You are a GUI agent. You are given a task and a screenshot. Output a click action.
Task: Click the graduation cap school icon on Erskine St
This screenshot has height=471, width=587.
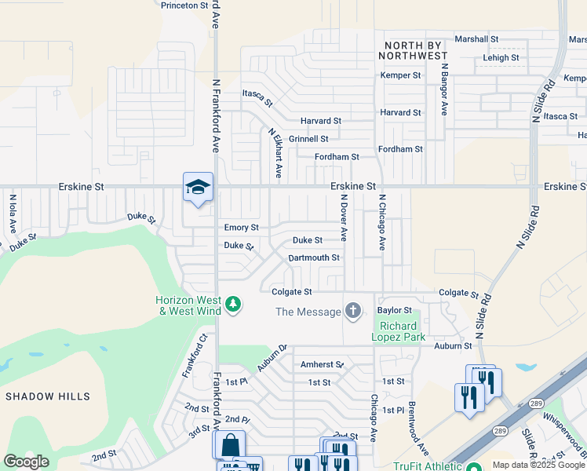pos(198,187)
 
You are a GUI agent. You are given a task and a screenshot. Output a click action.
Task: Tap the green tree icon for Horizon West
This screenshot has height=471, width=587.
pos(232,304)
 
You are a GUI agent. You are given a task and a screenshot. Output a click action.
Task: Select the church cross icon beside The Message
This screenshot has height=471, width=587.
pos(353,312)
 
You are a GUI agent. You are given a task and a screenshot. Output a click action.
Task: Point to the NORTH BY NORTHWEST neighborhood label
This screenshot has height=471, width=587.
pos(413,50)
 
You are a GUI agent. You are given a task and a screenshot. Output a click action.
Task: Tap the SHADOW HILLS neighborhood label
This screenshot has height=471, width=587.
pos(48,396)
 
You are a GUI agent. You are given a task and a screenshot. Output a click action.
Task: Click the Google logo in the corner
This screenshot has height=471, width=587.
pos(27,462)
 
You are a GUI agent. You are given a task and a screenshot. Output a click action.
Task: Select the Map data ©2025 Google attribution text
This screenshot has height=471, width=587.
pos(538,465)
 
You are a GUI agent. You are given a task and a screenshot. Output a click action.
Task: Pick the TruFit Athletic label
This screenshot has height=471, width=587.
pos(427,465)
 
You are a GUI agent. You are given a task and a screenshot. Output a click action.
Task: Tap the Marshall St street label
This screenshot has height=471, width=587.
pos(476,38)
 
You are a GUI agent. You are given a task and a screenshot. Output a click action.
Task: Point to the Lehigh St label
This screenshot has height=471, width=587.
pos(501,58)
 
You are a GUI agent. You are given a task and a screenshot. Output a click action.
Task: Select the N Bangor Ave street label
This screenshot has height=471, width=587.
pos(443,90)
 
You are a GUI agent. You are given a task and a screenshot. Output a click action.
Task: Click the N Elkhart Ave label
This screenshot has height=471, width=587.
pos(275,153)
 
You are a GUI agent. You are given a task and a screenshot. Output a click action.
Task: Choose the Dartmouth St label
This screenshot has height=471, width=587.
pos(314,257)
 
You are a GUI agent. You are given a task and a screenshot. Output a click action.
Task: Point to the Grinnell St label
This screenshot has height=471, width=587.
pos(308,139)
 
